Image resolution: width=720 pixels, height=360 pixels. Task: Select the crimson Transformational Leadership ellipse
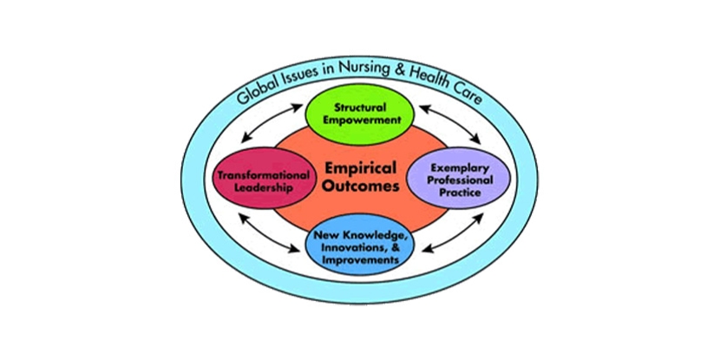252,180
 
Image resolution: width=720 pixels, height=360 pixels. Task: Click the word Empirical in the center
359,167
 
